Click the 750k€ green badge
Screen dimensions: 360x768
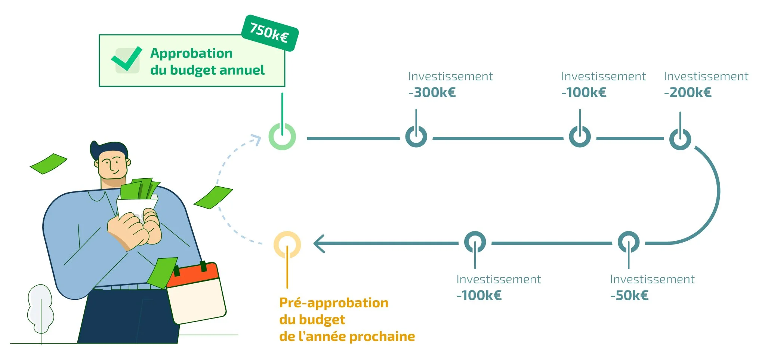pyautogui.click(x=269, y=33)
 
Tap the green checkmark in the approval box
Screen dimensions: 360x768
pyautogui.click(x=127, y=59)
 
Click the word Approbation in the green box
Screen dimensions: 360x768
pyautogui.click(x=191, y=53)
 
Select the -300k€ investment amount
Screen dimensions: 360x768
pyautogui.click(x=432, y=92)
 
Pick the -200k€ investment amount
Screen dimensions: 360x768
pyautogui.click(x=688, y=92)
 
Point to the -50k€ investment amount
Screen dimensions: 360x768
pyautogui.click(x=629, y=295)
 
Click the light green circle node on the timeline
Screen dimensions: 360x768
pyautogui.click(x=282, y=137)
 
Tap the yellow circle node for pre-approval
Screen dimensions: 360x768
pyautogui.click(x=287, y=245)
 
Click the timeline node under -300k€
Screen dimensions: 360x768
pyautogui.click(x=416, y=137)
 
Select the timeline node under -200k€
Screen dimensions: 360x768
pyautogui.click(x=680, y=139)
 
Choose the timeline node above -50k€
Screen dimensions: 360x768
pyautogui.click(x=629, y=242)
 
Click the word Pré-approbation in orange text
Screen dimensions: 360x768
pyautogui.click(x=334, y=303)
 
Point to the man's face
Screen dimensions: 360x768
pyautogui.click(x=112, y=164)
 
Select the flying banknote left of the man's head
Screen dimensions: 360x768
pyautogui.click(x=49, y=163)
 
